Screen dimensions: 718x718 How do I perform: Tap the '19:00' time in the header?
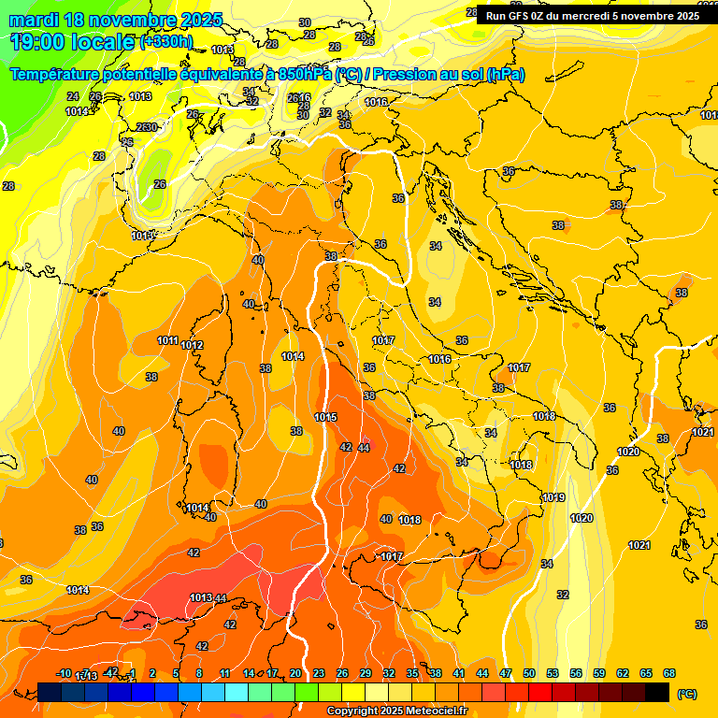click(38, 42)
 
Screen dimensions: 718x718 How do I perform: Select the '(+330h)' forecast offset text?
click(166, 42)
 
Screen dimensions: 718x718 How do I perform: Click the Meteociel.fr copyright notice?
click(397, 711)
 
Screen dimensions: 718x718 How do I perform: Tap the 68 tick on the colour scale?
click(669, 673)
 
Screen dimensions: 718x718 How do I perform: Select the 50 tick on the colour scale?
click(529, 673)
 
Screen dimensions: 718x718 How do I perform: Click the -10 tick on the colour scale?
click(64, 673)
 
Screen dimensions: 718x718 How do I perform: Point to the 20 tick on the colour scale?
click(295, 673)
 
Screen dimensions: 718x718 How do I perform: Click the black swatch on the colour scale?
click(657, 693)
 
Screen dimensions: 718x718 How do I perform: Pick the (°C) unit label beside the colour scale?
click(687, 694)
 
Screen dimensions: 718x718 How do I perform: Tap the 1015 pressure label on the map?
click(326, 417)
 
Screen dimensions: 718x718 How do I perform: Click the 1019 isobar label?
click(553, 497)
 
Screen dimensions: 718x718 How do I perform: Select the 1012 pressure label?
click(193, 346)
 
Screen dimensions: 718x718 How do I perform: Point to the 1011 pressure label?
click(168, 340)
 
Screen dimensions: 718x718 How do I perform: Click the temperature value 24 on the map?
click(73, 96)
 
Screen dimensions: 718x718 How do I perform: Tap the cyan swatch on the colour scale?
click(237, 693)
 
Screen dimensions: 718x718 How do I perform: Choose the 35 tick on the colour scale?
click(412, 673)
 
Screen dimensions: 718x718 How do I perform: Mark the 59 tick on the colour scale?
click(599, 673)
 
